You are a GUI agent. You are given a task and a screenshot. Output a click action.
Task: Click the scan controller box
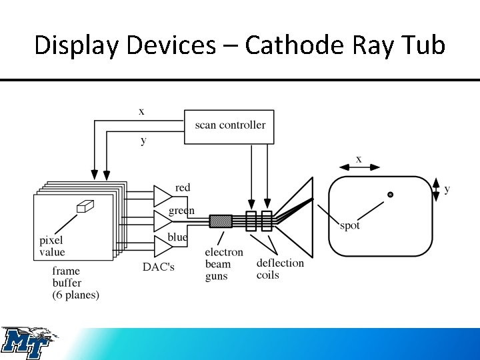coord(229,126)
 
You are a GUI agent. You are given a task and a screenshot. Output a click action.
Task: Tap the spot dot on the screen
coord(391,195)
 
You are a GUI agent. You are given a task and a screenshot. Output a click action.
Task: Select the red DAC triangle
coord(163,195)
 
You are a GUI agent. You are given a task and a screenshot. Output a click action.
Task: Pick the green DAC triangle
coord(163,221)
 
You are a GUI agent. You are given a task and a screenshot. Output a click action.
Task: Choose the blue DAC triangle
coord(163,246)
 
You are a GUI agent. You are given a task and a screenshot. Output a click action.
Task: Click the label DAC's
coord(159,267)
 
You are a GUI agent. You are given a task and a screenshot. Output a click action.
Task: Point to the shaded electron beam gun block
coord(221,221)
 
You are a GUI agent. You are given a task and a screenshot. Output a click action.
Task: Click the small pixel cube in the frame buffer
coord(84,207)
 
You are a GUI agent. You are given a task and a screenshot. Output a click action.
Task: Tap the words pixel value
coord(52,246)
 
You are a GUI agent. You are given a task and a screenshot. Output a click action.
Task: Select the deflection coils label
coord(280,269)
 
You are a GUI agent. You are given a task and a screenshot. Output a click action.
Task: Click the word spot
coord(350,226)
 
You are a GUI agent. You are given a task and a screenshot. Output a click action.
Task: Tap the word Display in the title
coord(69,45)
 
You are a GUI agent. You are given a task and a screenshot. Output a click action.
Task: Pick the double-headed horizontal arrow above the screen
coord(359,167)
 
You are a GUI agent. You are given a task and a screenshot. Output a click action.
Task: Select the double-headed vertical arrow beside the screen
coord(436,190)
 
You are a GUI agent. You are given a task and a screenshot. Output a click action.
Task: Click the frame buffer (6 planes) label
coord(75,283)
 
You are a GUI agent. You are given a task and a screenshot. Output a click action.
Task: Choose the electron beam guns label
coord(224,264)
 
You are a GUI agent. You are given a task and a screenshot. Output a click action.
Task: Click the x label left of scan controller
coord(141,112)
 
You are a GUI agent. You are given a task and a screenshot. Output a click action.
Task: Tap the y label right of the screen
coord(447,190)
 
